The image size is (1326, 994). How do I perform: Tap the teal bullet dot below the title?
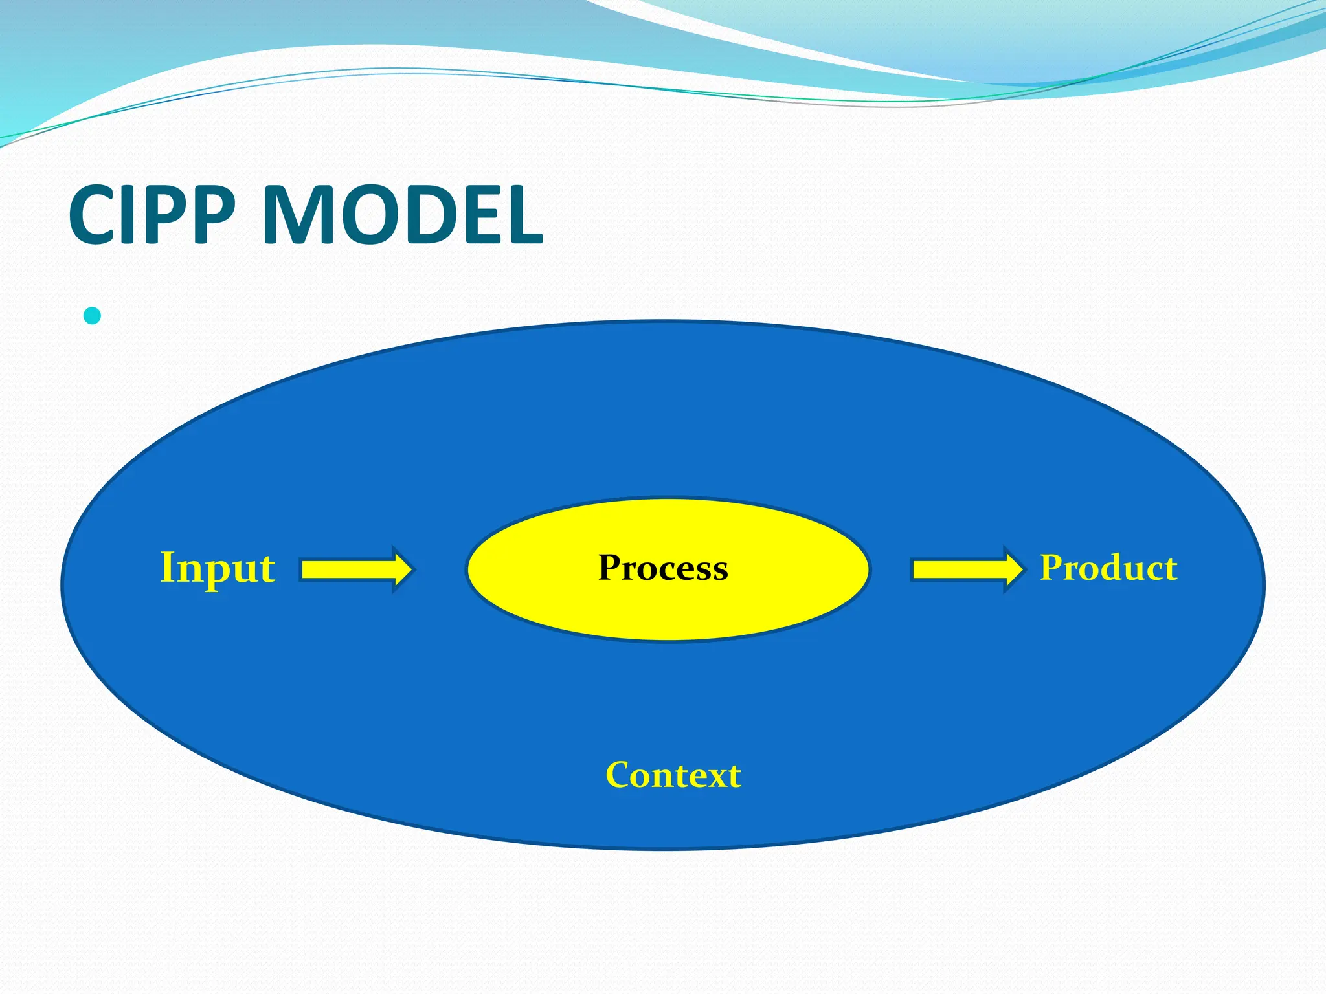pyautogui.click(x=93, y=316)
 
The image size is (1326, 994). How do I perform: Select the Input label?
pyautogui.click(x=218, y=569)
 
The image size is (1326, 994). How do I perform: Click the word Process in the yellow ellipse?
pyautogui.click(x=663, y=568)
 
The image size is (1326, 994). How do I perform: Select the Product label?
pyautogui.click(x=1108, y=568)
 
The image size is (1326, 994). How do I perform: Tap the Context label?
pyautogui.click(x=673, y=775)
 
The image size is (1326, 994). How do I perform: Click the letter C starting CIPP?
pyautogui.click(x=92, y=215)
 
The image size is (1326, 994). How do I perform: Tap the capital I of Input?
pyautogui.click(x=167, y=567)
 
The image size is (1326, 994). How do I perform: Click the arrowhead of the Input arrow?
pyautogui.click(x=401, y=569)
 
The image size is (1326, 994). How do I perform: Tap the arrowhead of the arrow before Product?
pyautogui.click(x=1013, y=569)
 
